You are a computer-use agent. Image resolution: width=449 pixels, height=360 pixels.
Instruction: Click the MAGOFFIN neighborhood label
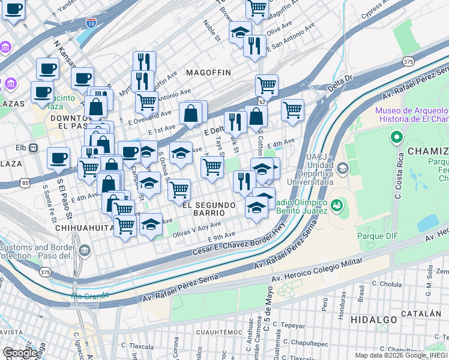208,72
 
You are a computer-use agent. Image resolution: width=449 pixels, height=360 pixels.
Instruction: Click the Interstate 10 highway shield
91,23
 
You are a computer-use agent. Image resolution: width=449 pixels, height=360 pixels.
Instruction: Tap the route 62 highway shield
262,101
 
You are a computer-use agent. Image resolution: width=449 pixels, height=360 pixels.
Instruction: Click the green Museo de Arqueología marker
396,139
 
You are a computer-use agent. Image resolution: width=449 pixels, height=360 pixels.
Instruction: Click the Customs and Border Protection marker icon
84,249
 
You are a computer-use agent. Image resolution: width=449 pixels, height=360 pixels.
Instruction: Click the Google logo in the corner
20,353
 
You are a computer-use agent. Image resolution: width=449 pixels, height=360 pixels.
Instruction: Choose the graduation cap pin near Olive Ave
241,32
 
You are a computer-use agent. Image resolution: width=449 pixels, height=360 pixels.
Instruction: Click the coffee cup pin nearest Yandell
14,10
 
